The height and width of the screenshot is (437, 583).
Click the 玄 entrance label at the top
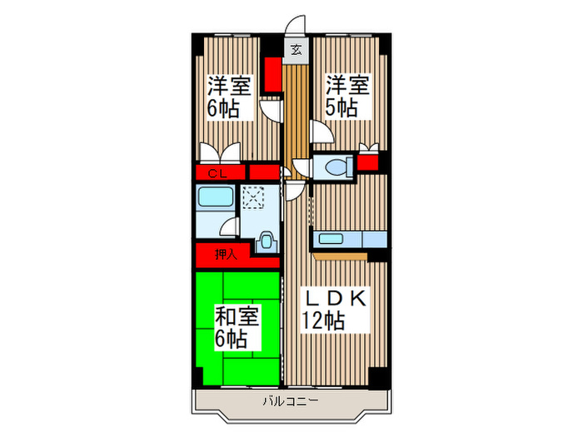[x=296, y=50]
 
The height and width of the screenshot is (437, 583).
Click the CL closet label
[x=217, y=173]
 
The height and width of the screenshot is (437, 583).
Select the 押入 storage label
[x=226, y=255]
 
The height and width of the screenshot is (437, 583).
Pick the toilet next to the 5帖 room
[x=336, y=166]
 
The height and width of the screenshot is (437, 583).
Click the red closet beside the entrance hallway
[x=272, y=76]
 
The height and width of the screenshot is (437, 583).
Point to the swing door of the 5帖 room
[x=320, y=132]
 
